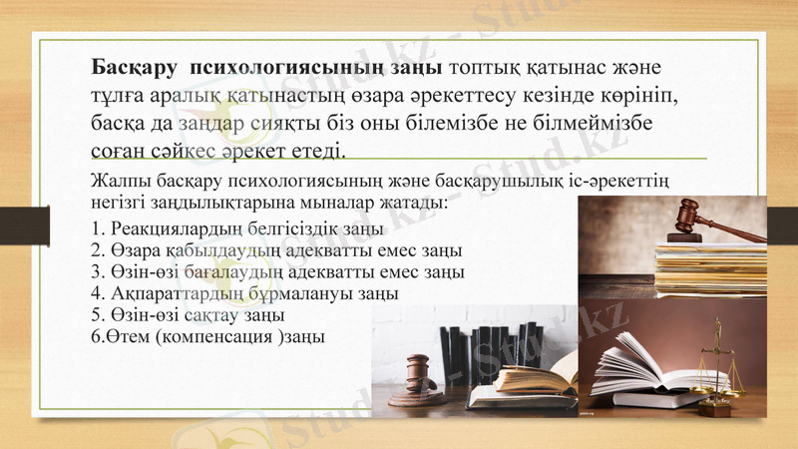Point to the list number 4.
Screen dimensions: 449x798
(95, 294)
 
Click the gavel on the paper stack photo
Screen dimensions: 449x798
(694, 216)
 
